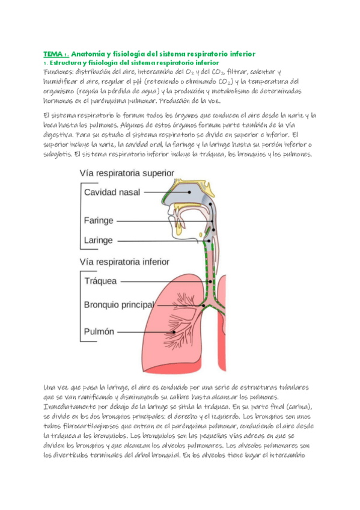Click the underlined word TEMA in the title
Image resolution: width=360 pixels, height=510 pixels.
53,54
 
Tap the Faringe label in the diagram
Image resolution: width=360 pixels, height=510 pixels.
99,221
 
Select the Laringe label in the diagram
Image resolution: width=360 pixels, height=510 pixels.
98,241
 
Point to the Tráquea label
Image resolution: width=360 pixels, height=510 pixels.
100,281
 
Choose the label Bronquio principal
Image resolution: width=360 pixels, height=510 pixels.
119,304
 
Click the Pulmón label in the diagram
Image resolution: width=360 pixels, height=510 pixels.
99,331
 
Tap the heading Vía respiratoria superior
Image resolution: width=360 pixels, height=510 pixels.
127,173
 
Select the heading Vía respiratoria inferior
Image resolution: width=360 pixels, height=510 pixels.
124,262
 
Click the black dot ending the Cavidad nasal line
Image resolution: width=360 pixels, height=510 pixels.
189,192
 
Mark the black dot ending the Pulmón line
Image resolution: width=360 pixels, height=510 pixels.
174,331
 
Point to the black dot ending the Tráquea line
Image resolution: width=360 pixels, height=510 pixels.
210,281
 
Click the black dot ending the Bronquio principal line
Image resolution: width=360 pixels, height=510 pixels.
203,305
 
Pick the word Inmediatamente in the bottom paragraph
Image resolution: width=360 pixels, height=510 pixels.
75,407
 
